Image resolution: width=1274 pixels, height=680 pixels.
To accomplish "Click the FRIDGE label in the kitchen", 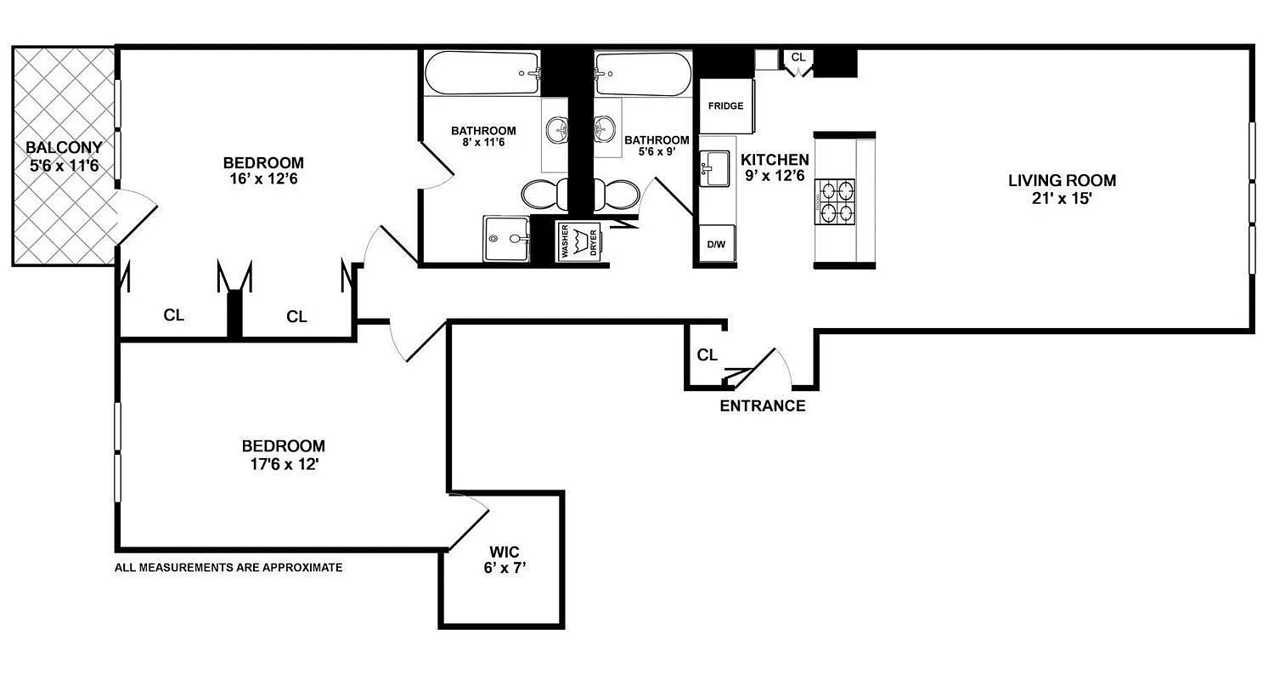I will click(x=725, y=106).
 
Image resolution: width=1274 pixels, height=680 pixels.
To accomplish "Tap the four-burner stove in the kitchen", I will click(x=836, y=202).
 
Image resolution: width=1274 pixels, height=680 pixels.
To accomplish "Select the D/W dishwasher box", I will click(x=716, y=245).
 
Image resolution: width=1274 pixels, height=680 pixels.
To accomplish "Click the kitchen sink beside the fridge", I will click(x=713, y=168).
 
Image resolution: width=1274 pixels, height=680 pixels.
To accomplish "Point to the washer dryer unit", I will click(x=578, y=241).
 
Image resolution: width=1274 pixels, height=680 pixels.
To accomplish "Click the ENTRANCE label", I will click(x=762, y=406).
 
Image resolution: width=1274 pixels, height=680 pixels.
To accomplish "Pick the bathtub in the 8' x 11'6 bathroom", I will click(x=482, y=74).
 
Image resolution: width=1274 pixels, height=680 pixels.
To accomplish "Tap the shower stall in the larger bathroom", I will click(x=506, y=239).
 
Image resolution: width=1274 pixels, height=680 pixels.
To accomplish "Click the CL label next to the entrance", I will click(x=707, y=355).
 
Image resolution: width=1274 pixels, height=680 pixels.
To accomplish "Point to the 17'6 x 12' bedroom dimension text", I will click(x=283, y=465).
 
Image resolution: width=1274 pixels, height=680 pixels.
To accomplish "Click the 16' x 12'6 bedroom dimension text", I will click(x=262, y=180).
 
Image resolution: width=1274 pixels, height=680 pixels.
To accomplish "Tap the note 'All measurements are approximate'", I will click(x=228, y=567).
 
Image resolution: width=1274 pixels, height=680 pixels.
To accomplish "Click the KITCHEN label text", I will click(x=775, y=160).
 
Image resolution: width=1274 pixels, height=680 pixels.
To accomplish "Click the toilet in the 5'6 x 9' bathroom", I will click(x=617, y=195).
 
